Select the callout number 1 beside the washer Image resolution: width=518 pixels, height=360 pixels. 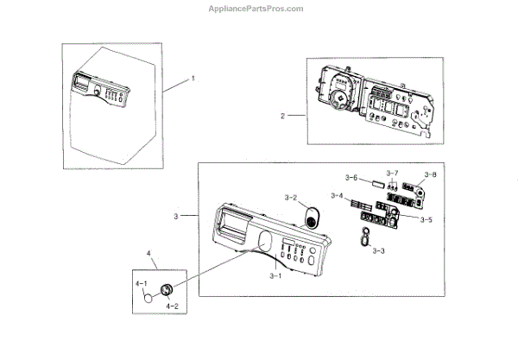193,78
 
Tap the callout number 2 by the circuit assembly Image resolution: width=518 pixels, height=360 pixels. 281,115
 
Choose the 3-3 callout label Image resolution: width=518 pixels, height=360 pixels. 378,250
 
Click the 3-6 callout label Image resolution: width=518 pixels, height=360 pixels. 351,178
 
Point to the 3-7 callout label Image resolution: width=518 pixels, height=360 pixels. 393,174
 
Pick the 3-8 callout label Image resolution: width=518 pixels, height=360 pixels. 429,174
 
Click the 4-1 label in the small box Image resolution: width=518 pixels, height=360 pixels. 140,283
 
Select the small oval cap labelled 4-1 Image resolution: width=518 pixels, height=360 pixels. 151,299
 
